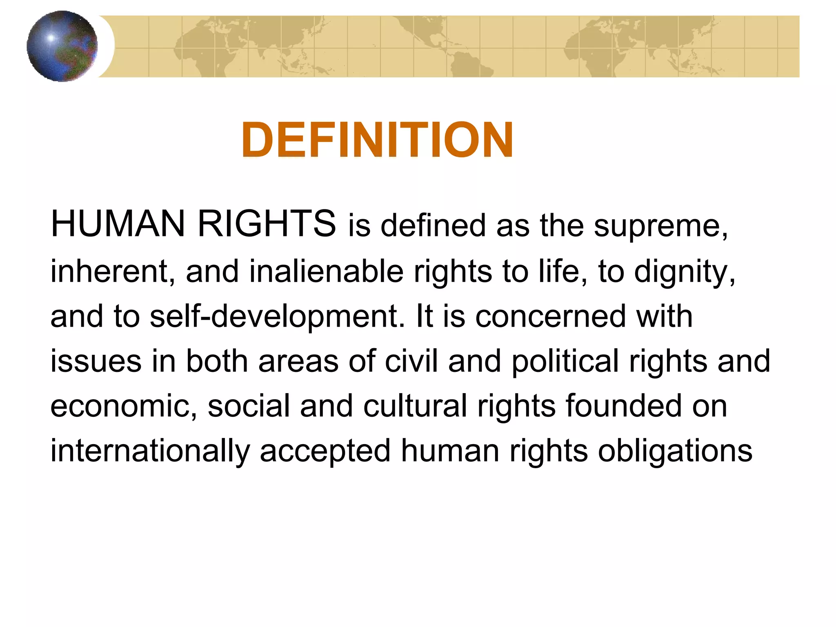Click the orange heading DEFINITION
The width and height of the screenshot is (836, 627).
377,140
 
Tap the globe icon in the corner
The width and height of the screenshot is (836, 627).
62,46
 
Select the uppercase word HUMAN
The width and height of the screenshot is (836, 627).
118,224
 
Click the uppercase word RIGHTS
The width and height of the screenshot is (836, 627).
267,224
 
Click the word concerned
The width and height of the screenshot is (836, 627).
550,316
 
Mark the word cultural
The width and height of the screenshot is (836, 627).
415,406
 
